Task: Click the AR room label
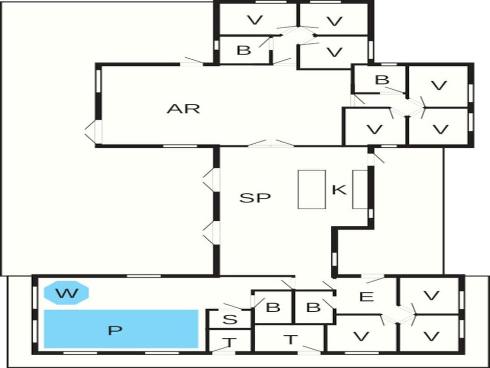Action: [x=183, y=109]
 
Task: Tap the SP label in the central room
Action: [x=255, y=198]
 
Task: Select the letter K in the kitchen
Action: [x=339, y=190]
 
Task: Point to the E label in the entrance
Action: [x=366, y=296]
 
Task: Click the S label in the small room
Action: [x=230, y=320]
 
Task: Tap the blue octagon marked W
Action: [x=66, y=293]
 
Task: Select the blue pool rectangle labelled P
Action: [x=121, y=329]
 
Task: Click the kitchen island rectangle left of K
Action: [x=312, y=189]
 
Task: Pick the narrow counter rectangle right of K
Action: [x=360, y=189]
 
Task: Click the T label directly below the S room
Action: [x=229, y=342]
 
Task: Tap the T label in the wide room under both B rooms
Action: [x=290, y=339]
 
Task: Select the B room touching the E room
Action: [x=313, y=308]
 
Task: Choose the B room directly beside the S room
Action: [x=273, y=308]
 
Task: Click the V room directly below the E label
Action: [x=361, y=334]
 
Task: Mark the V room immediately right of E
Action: [x=431, y=295]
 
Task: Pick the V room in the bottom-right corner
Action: [x=431, y=334]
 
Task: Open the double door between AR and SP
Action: [x=271, y=144]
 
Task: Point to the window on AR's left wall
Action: [x=99, y=81]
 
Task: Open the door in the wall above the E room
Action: [x=373, y=277]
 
